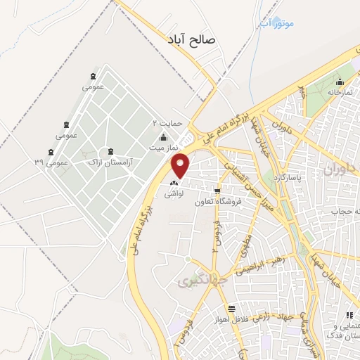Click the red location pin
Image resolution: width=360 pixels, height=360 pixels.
(x=181, y=165)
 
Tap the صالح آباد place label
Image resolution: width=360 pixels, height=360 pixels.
(x=191, y=41)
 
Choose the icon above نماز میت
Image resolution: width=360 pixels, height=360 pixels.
(x=163, y=137)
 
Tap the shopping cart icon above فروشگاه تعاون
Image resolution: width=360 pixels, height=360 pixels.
(x=219, y=190)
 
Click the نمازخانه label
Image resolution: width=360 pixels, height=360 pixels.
(x=338, y=92)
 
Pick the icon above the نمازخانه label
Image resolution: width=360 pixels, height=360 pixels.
(x=340, y=82)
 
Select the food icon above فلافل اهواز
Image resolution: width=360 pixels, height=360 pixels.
(x=231, y=309)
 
